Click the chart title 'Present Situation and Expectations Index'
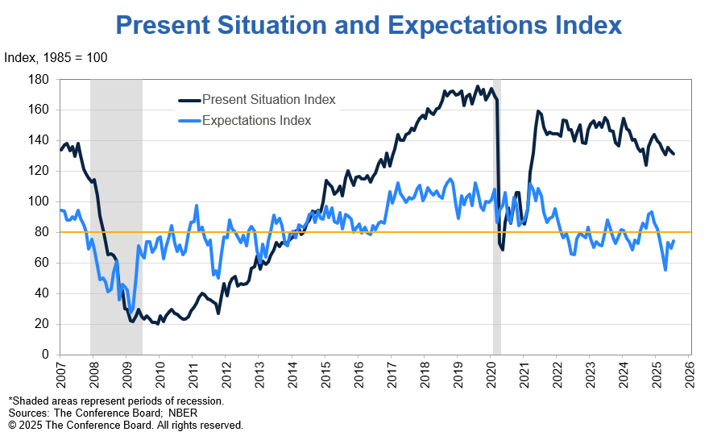point(369,25)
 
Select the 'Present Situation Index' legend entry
point(268,100)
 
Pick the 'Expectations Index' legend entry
point(256,121)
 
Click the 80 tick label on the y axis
point(42,232)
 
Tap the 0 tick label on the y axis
point(45,355)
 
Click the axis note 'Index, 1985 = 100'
point(56,58)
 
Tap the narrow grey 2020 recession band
point(497,306)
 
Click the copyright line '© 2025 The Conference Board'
point(126,425)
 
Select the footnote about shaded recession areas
point(116,401)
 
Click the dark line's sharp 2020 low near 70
point(502,249)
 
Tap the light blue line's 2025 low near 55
point(665,270)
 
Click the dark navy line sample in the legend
point(189,100)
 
